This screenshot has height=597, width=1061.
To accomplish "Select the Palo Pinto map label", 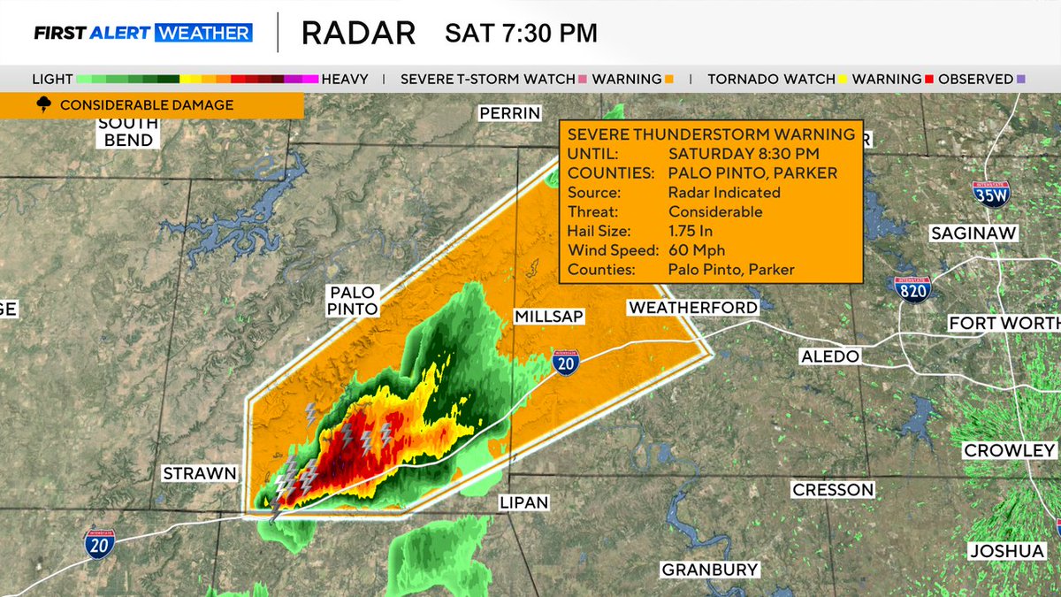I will (354, 300).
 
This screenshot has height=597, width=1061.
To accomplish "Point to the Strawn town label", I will (200, 473).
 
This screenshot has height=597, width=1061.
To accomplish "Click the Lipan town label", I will (524, 502).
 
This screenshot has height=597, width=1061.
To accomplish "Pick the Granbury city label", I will (710, 569).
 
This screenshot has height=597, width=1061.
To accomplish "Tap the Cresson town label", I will (833, 489).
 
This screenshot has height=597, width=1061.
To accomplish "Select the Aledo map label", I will (828, 356).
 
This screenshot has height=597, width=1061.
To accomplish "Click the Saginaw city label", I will (973, 233).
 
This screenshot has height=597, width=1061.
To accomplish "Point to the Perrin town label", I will (509, 113).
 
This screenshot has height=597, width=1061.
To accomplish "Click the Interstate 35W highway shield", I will (990, 194).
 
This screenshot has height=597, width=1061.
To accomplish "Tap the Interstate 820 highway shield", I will (912, 288).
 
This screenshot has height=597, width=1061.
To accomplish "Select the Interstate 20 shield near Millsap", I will (566, 361).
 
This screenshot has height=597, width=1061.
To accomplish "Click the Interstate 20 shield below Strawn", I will (100, 542).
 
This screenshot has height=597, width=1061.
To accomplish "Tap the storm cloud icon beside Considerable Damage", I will (43, 105).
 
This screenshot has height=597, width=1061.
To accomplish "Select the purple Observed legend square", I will (1021, 79).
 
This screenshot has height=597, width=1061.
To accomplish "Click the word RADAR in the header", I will (358, 33).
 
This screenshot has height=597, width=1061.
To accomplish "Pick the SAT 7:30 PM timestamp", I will (521, 33).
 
